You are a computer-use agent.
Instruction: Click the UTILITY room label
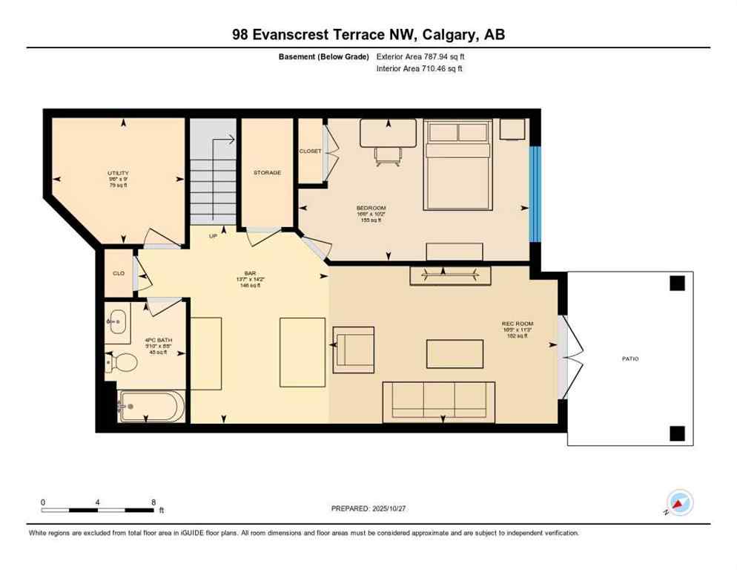118,173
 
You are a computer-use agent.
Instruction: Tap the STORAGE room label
267,172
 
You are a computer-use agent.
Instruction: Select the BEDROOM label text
371,208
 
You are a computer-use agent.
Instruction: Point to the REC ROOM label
517,324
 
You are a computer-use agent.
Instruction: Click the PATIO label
629,358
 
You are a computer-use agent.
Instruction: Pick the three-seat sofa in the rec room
438,402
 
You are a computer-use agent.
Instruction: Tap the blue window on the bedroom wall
535,194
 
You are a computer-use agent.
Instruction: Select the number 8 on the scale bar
153,502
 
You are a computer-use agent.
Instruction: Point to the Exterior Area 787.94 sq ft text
420,56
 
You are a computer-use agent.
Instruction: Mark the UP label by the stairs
214,236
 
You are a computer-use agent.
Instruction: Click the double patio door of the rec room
569,357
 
